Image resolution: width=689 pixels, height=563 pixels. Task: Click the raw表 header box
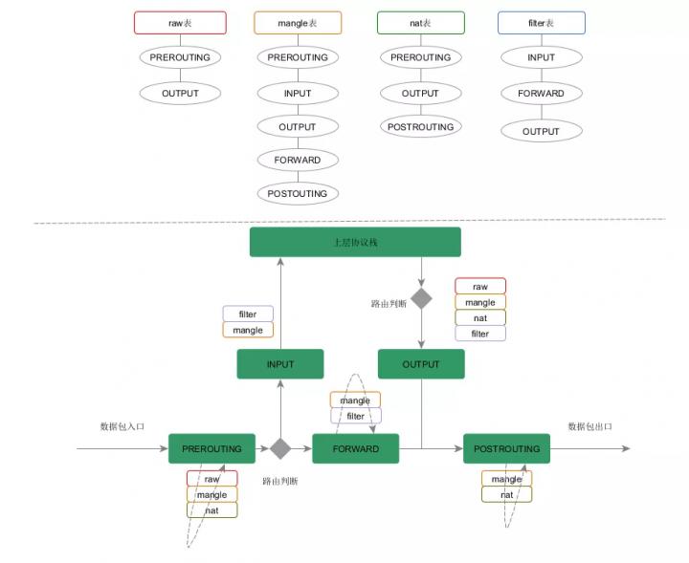(x=180, y=23)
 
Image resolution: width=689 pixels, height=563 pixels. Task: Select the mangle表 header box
(x=298, y=23)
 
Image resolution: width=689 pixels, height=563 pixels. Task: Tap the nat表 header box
(x=420, y=23)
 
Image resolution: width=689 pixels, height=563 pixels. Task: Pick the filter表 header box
(x=542, y=23)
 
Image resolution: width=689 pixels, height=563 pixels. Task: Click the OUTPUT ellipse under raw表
(x=180, y=93)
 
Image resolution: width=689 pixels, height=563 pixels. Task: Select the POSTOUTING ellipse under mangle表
(x=298, y=193)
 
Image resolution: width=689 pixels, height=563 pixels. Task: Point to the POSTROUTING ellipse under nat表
(x=420, y=126)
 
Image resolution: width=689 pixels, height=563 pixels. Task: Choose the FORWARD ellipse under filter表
(x=542, y=93)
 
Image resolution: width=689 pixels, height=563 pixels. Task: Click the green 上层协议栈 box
(x=355, y=242)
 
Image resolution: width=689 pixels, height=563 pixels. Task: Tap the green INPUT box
(x=280, y=364)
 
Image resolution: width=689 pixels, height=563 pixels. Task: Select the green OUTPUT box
(x=421, y=364)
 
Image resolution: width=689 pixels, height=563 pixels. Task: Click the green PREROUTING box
(x=211, y=448)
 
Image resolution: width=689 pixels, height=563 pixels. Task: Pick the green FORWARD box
(x=355, y=448)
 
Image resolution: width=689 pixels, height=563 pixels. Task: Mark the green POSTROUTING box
(x=506, y=448)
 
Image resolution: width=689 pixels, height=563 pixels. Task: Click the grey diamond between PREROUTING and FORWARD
(x=280, y=448)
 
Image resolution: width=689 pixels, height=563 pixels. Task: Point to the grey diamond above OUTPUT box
(x=421, y=298)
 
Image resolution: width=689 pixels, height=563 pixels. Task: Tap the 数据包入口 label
(x=122, y=426)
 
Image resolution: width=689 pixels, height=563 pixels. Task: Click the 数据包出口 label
(x=589, y=426)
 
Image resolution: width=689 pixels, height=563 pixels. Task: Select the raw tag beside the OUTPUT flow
(x=480, y=286)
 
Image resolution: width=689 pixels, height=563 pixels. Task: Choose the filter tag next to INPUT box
(x=248, y=314)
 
